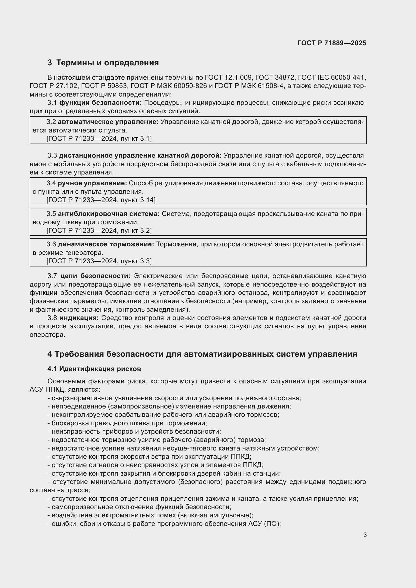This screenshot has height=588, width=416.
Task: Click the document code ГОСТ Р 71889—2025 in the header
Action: click(x=332, y=43)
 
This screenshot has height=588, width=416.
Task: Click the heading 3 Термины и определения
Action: click(x=103, y=63)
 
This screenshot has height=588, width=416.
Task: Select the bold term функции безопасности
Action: click(x=100, y=103)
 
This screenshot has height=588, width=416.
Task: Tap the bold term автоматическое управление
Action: click(x=108, y=122)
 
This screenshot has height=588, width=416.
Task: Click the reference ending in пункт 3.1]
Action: click(x=99, y=139)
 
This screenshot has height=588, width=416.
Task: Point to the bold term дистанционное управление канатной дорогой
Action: click(x=140, y=156)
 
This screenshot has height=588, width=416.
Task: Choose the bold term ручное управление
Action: click(x=92, y=183)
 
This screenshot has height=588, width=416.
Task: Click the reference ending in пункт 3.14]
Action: click(x=101, y=200)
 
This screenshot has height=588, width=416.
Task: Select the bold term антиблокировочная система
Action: click(x=109, y=214)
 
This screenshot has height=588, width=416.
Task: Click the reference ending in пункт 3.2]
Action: click(x=99, y=231)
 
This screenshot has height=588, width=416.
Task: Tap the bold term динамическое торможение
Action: click(x=106, y=244)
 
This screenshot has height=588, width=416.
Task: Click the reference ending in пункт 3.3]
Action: click(x=99, y=261)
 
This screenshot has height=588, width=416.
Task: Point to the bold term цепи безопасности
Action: click(x=95, y=276)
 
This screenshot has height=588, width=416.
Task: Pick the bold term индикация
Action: click(x=79, y=318)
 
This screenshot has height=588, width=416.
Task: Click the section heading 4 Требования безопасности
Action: click(x=202, y=354)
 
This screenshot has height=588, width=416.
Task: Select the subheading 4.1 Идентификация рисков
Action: click(x=94, y=369)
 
